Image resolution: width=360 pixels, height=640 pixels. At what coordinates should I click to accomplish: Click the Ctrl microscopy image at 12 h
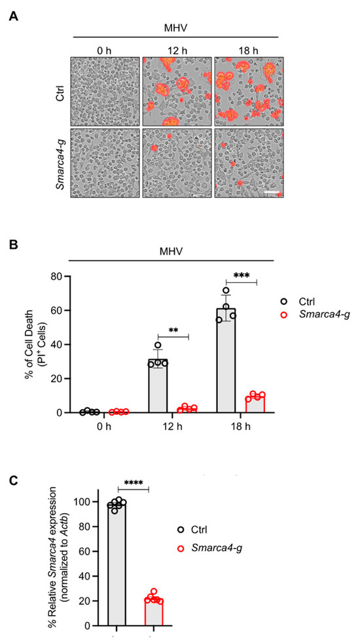coord(176,90)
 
